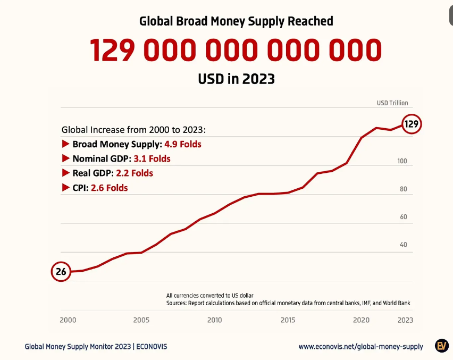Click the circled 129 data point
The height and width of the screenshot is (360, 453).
coord(412,124)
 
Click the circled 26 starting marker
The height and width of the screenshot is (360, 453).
coord(61,272)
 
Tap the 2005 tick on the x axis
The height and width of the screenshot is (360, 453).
coord(141,320)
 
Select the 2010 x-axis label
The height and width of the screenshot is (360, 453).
coord(214,320)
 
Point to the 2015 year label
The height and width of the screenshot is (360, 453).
coord(288,320)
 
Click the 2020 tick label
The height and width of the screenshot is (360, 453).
coord(362,320)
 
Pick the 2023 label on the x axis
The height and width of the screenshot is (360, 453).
coord(405,320)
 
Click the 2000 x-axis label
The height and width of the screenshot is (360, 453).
coord(68,320)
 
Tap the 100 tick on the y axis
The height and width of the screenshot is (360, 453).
coord(402,161)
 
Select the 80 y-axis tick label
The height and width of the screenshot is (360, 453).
coord(403,189)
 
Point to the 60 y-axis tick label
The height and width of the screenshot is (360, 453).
coord(403,217)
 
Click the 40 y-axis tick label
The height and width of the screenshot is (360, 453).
coord(403,245)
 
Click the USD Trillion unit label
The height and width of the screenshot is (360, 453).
coord(392,103)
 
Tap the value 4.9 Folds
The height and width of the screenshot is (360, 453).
coord(183,144)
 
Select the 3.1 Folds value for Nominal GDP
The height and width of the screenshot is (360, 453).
coord(152,158)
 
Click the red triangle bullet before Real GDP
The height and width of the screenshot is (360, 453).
coord(66,173)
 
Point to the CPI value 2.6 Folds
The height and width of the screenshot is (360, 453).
coord(110,188)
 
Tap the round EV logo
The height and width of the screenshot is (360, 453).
coord(441,346)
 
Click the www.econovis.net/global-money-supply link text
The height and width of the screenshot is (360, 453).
coord(361,347)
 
